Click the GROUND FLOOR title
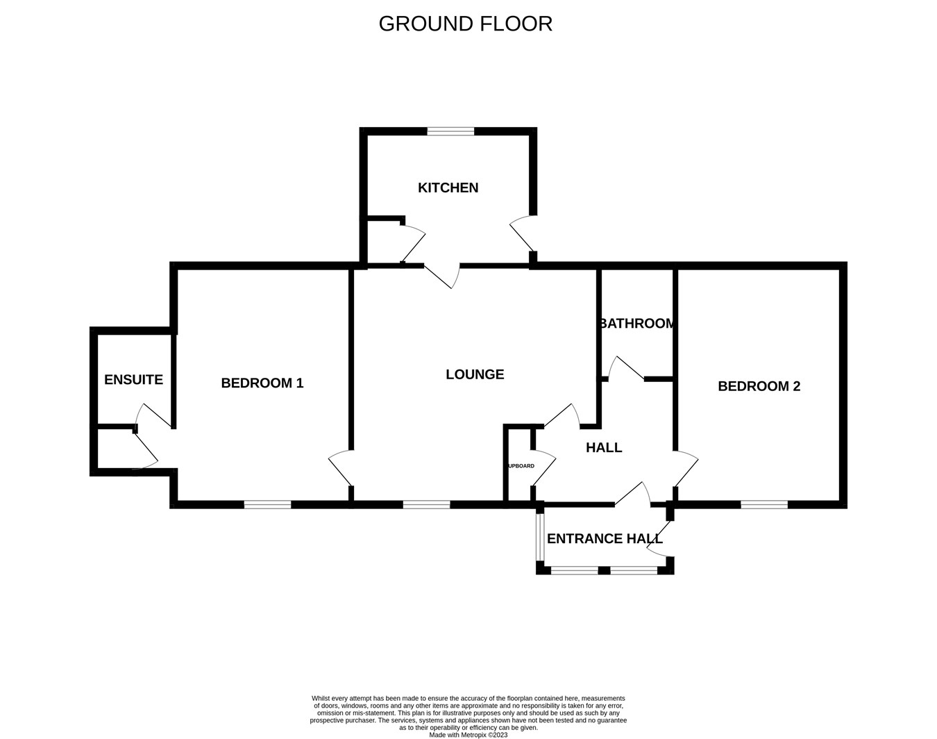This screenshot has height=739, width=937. pyautogui.click(x=465, y=24)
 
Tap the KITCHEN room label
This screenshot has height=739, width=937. pyautogui.click(x=448, y=188)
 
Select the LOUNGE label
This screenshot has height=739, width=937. pyautogui.click(x=475, y=374)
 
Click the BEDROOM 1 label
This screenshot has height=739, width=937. pyautogui.click(x=262, y=383)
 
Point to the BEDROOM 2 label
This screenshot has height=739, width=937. pyautogui.click(x=759, y=386)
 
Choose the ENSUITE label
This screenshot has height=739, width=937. pyautogui.click(x=133, y=380)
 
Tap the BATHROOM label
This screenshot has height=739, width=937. pyautogui.click(x=637, y=323)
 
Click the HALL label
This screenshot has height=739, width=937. pyautogui.click(x=604, y=448)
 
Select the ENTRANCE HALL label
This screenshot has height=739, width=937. pyautogui.click(x=605, y=538)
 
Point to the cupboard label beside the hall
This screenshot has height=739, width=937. pyautogui.click(x=521, y=465)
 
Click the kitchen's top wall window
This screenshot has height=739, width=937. pyautogui.click(x=450, y=131)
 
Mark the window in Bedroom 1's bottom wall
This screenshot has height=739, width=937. pyautogui.click(x=267, y=505)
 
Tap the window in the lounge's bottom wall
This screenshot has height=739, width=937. pyautogui.click(x=426, y=505)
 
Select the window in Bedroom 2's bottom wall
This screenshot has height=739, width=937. pyautogui.click(x=764, y=505)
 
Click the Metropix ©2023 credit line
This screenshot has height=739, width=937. pyautogui.click(x=468, y=735)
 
